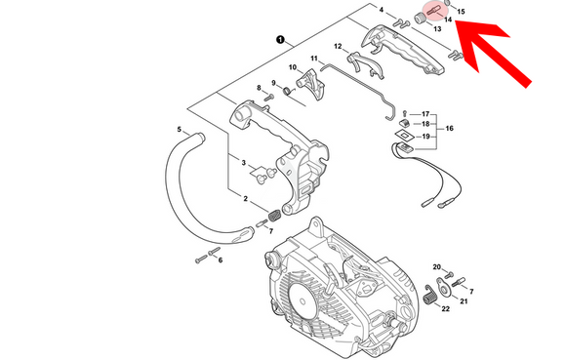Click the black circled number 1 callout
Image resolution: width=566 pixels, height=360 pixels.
[280, 39]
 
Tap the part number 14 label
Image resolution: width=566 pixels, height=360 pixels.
[448, 20]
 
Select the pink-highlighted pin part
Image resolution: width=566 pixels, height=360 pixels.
[433, 11]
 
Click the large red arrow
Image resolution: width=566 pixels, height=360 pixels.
[494, 54]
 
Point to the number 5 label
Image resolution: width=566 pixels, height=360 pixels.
[179, 129]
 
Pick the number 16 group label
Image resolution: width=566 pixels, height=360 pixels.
[449, 129]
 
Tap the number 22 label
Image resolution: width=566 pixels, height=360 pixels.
[445, 308]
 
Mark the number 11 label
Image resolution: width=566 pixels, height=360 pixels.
[314, 59]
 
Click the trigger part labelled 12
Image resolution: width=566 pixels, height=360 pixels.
[365, 64]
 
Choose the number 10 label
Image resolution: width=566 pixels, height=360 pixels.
[293, 67]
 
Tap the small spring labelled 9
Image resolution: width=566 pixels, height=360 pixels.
[288, 91]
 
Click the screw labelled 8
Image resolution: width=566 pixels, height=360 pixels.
[268, 98]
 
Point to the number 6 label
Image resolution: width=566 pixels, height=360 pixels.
[221, 260]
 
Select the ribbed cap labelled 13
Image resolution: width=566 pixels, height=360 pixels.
[419, 18]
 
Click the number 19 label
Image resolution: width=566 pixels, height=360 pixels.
[425, 137]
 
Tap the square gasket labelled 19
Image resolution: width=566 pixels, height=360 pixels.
[404, 135]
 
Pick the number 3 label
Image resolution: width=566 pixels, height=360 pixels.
[244, 163]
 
